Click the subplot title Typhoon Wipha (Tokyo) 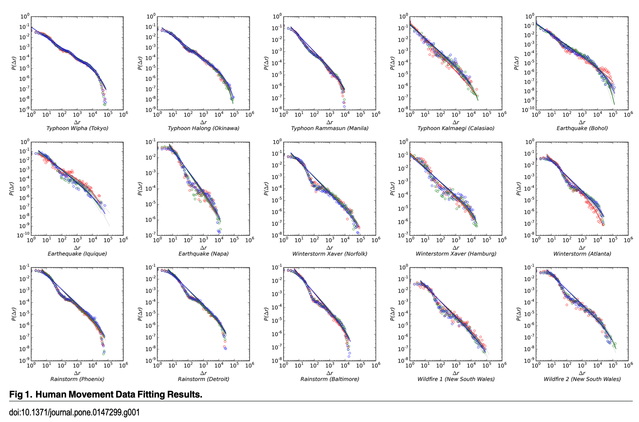(77, 128)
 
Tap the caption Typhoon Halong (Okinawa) (203, 128)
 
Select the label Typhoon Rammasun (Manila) (330, 128)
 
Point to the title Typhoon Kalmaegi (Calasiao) (456, 128)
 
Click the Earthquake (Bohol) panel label (582, 128)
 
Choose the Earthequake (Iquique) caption (77, 254)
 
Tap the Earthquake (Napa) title (203, 254)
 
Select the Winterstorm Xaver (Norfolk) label (330, 254)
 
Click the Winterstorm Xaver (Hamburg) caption (456, 254)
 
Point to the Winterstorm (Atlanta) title (582, 254)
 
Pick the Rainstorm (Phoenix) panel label (77, 379)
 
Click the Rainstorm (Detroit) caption (203, 379)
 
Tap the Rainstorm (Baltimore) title (330, 379)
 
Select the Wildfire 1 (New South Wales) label (456, 379)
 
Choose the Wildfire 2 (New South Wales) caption (582, 379)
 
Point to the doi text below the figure (74, 412)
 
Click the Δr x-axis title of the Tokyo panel (77, 122)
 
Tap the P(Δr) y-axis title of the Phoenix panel (13, 314)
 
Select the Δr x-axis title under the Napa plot (203, 248)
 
